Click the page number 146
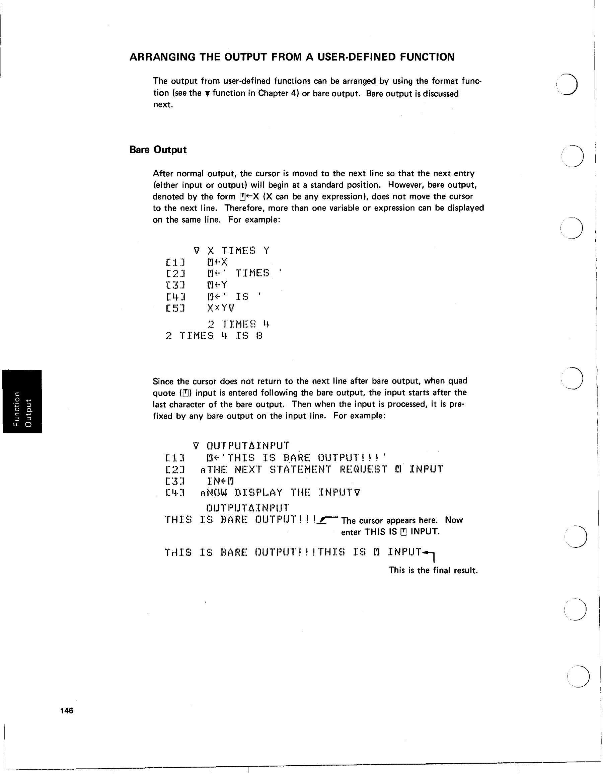pos(67,710)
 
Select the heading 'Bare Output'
pos(158,150)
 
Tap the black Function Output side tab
pos(22,401)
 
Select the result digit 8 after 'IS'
pos(259,336)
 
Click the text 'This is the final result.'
pos(433,570)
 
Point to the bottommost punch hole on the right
pos(578,677)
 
